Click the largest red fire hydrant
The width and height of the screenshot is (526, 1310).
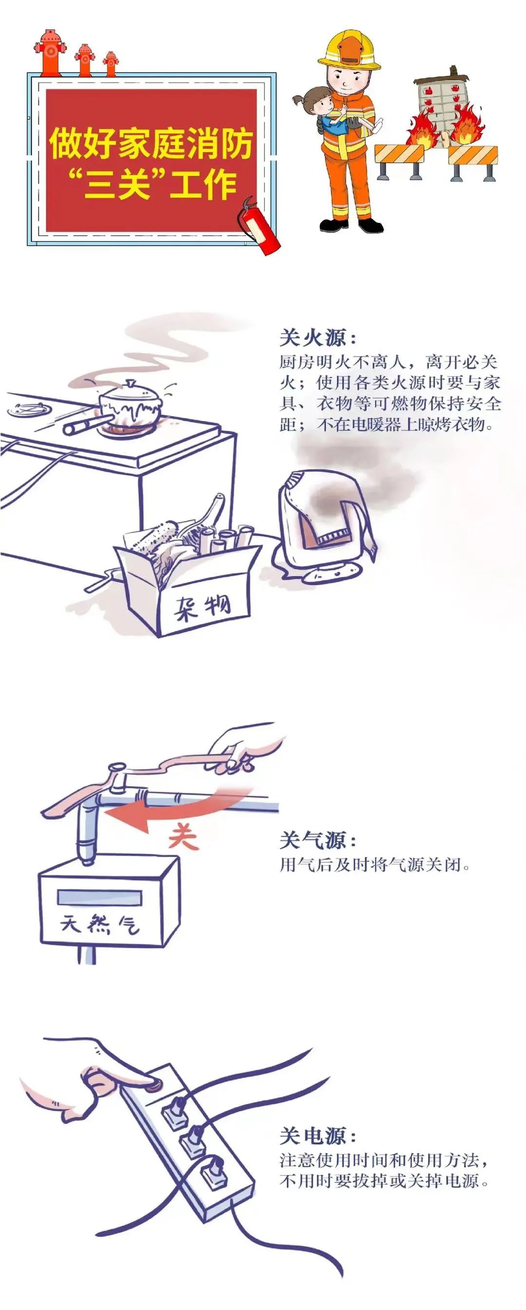50,53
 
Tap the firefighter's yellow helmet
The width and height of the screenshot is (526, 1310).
350,50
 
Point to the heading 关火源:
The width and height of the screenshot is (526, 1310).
319,337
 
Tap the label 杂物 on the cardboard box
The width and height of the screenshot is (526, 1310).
203,607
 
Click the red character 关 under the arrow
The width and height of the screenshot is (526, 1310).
183,838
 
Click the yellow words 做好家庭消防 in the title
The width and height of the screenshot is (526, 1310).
151,143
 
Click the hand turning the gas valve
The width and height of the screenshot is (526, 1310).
249,747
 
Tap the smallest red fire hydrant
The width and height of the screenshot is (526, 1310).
111,64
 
